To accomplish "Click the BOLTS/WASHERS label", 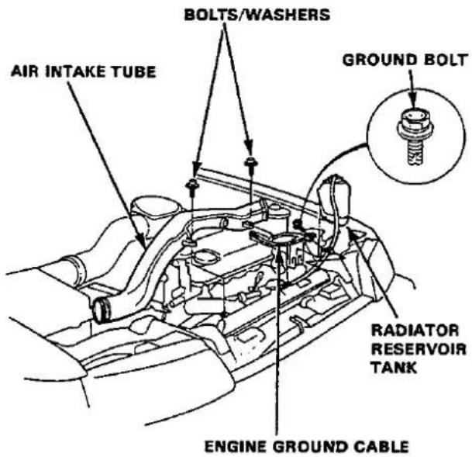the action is click(x=257, y=15).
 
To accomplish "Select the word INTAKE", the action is click(x=75, y=71).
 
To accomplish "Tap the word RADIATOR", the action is click(x=415, y=331).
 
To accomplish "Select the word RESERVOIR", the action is click(x=419, y=349).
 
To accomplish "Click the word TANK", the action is click(x=394, y=368).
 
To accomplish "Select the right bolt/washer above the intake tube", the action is click(x=250, y=163).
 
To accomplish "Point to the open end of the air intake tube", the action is click(x=100, y=310).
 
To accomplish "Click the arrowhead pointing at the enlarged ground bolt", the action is click(x=412, y=99).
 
